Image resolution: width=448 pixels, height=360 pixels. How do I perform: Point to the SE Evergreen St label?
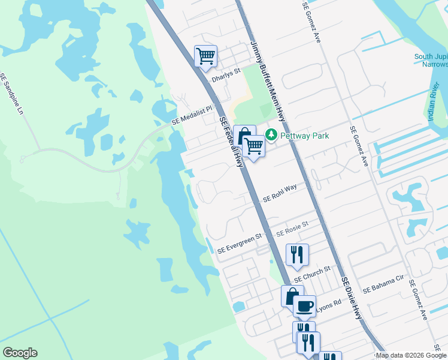coord(240,243)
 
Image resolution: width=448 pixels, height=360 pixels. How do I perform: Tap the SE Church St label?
coord(312,273)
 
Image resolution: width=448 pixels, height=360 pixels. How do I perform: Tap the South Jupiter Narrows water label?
coord(431,61)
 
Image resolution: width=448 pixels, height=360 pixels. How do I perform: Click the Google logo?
coord(20,353)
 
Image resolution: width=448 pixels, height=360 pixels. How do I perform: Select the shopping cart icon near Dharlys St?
coord(205,55)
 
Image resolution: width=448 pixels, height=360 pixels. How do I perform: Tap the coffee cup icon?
coord(304,305)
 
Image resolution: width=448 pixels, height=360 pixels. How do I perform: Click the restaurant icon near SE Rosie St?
coord(298,254)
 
